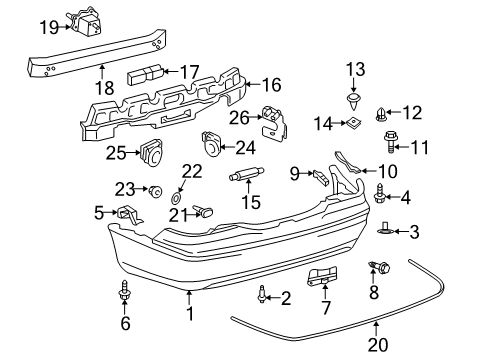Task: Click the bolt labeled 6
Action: point(124,291)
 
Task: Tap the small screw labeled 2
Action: point(260,294)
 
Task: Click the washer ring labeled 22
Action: point(177,189)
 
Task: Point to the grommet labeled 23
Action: point(155,190)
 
